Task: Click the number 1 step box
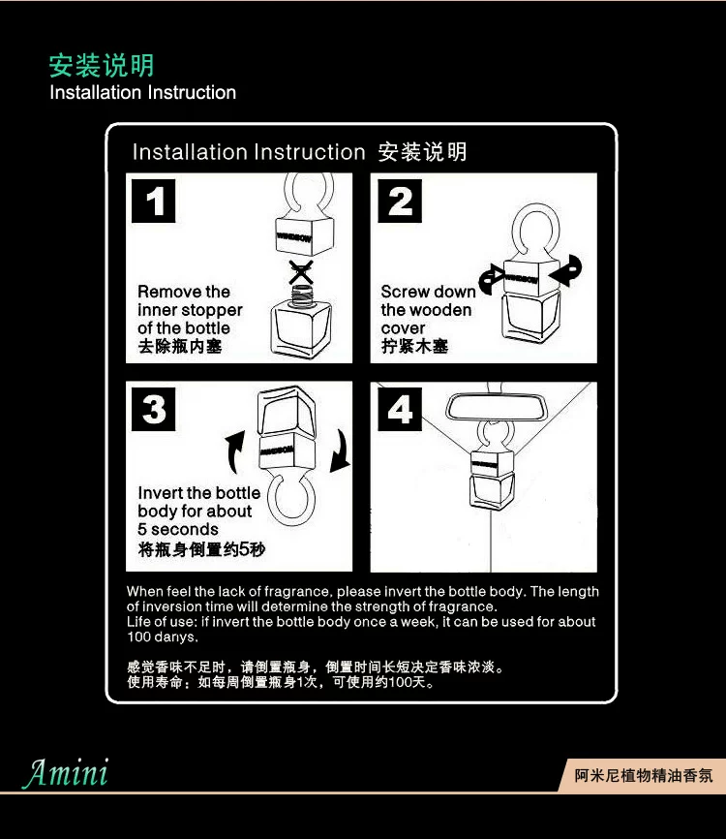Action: click(154, 202)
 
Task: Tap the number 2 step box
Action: click(400, 202)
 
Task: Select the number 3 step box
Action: click(154, 410)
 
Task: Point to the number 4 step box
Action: click(400, 410)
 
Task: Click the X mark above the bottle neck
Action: click(301, 272)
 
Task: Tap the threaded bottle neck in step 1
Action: click(302, 294)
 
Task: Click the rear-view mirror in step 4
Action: click(497, 408)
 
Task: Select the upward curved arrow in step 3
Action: click(234, 452)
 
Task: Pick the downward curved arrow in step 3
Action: click(341, 451)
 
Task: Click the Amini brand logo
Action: click(66, 773)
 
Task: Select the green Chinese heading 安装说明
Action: click(102, 65)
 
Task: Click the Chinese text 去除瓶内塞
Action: click(180, 346)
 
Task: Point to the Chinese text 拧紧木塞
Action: click(415, 346)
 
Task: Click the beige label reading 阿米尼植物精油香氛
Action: click(643, 775)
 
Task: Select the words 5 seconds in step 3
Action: click(178, 529)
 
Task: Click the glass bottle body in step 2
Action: click(529, 318)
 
